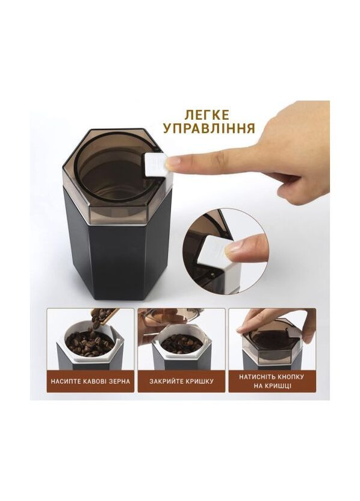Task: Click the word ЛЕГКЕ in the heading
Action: (208, 114)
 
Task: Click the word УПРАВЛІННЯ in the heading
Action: (208, 128)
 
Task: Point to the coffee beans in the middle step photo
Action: (181, 344)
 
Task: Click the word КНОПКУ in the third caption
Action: (290, 376)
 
